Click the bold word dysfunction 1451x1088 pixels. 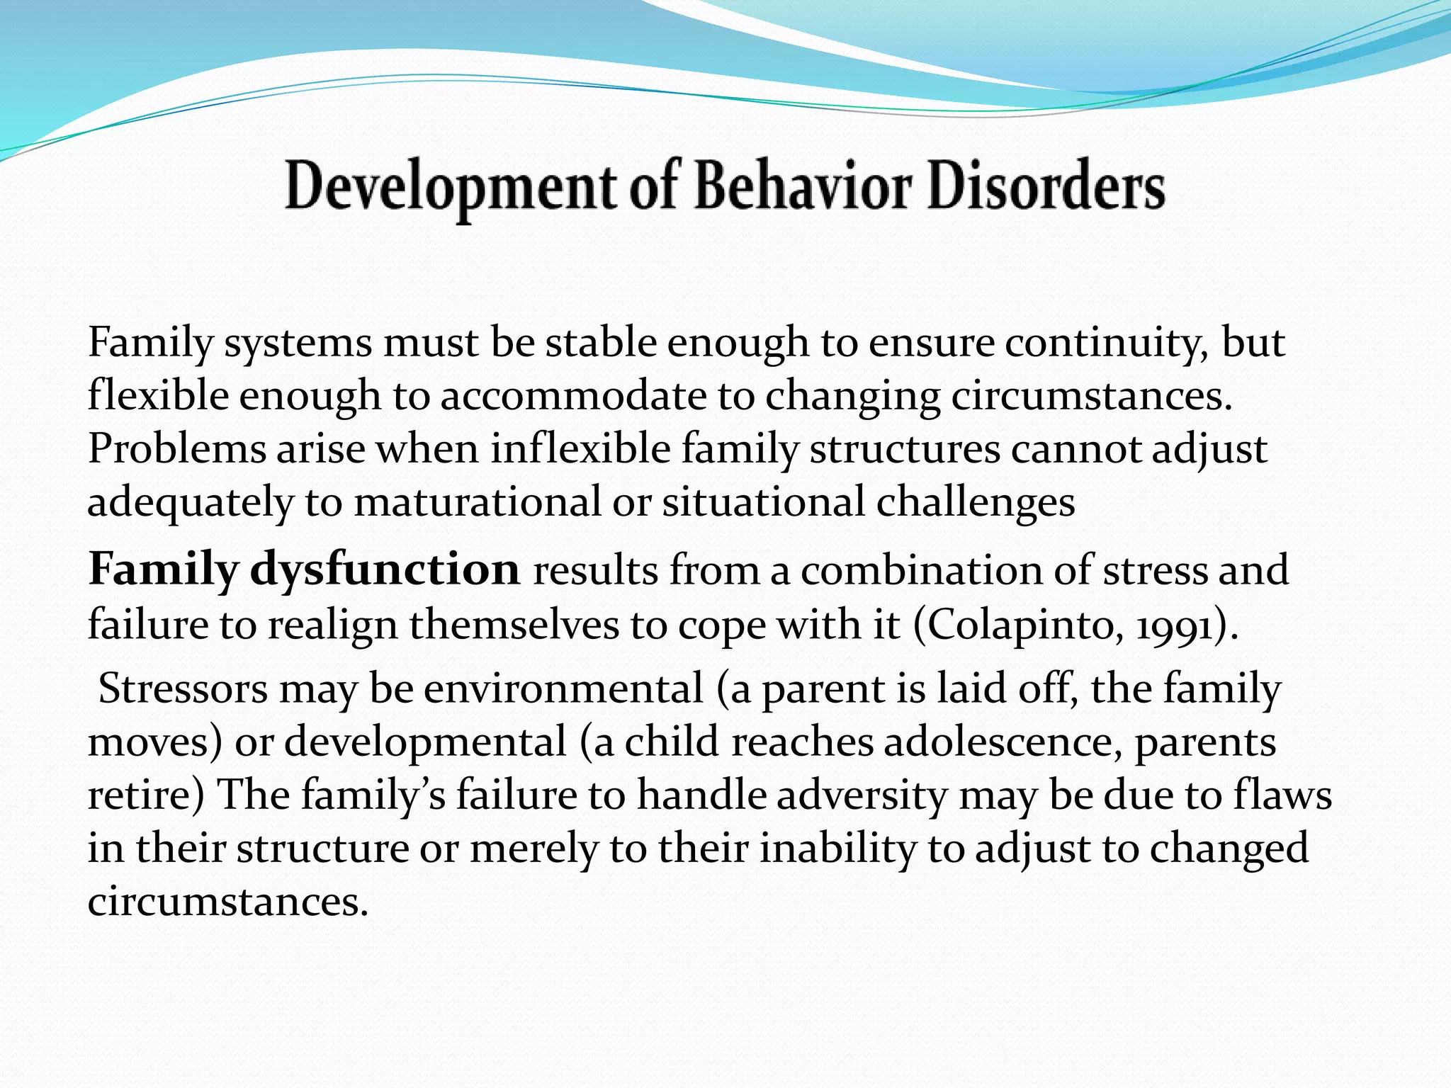click(385, 569)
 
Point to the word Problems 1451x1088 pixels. click(176, 449)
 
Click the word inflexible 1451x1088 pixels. click(580, 449)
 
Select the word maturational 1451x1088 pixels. click(477, 502)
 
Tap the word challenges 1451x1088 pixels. click(976, 502)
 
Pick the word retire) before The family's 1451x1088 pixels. click(146, 795)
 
